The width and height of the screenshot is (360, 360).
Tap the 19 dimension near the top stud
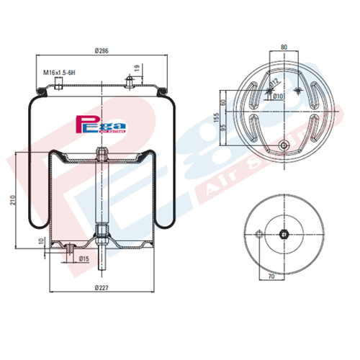pyautogui.click(x=138, y=69)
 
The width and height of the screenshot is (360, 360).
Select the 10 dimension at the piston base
pyautogui.click(x=41, y=240)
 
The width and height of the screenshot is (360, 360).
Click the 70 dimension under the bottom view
pyautogui.click(x=271, y=275)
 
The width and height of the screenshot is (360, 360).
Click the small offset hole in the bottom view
pyautogui.click(x=258, y=232)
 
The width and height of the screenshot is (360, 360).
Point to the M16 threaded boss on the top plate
pyautogui.click(x=57, y=86)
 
